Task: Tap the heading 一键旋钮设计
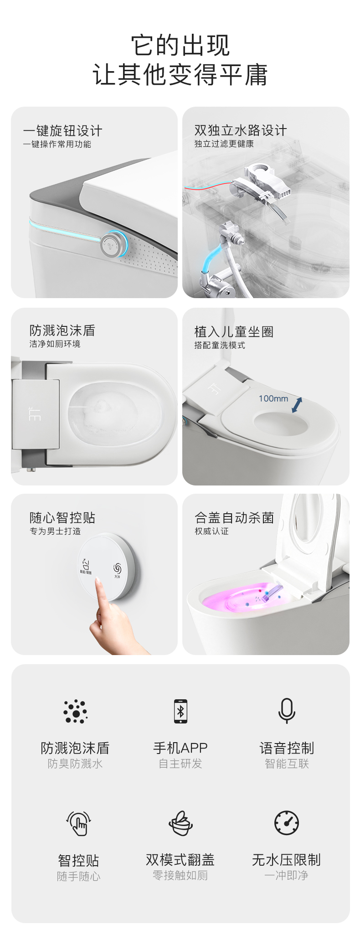[x=63, y=131]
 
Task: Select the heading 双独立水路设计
[x=241, y=130]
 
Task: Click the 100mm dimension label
[x=273, y=398]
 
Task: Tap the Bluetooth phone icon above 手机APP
[x=180, y=711]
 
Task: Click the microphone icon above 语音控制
[x=287, y=711]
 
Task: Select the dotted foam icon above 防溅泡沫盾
[x=75, y=711]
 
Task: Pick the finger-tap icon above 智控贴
[x=79, y=823]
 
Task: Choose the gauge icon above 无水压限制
[x=287, y=823]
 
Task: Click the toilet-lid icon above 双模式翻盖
[x=180, y=823]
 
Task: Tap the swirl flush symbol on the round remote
[x=117, y=568]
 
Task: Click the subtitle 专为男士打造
[x=55, y=531]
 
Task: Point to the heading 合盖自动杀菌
[x=234, y=518]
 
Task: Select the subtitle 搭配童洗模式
[x=220, y=345]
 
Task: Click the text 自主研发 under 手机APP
[x=180, y=764]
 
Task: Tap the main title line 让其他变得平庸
[x=180, y=75]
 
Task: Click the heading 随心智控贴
[x=62, y=518]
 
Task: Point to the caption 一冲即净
[x=287, y=875]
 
